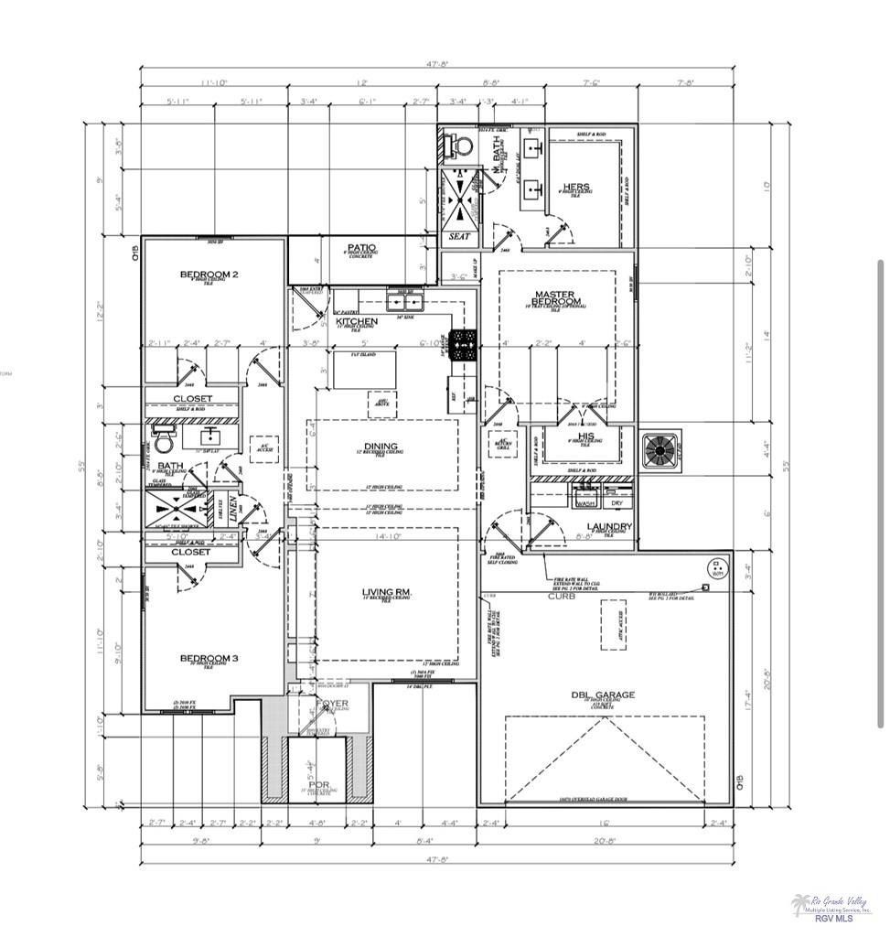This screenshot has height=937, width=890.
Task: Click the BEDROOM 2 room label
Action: tap(209, 274)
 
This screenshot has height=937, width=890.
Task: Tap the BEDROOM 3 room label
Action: tap(209, 658)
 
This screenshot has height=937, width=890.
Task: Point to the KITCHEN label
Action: tap(357, 321)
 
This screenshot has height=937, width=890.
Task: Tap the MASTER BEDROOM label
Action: tap(558, 297)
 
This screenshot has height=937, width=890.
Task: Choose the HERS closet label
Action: tap(576, 186)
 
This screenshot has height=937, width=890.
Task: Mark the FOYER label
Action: tap(327, 703)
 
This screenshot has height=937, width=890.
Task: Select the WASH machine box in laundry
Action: tap(584, 501)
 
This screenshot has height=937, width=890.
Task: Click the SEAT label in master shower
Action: tap(459, 236)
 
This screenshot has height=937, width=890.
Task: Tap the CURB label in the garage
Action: tap(560, 597)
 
